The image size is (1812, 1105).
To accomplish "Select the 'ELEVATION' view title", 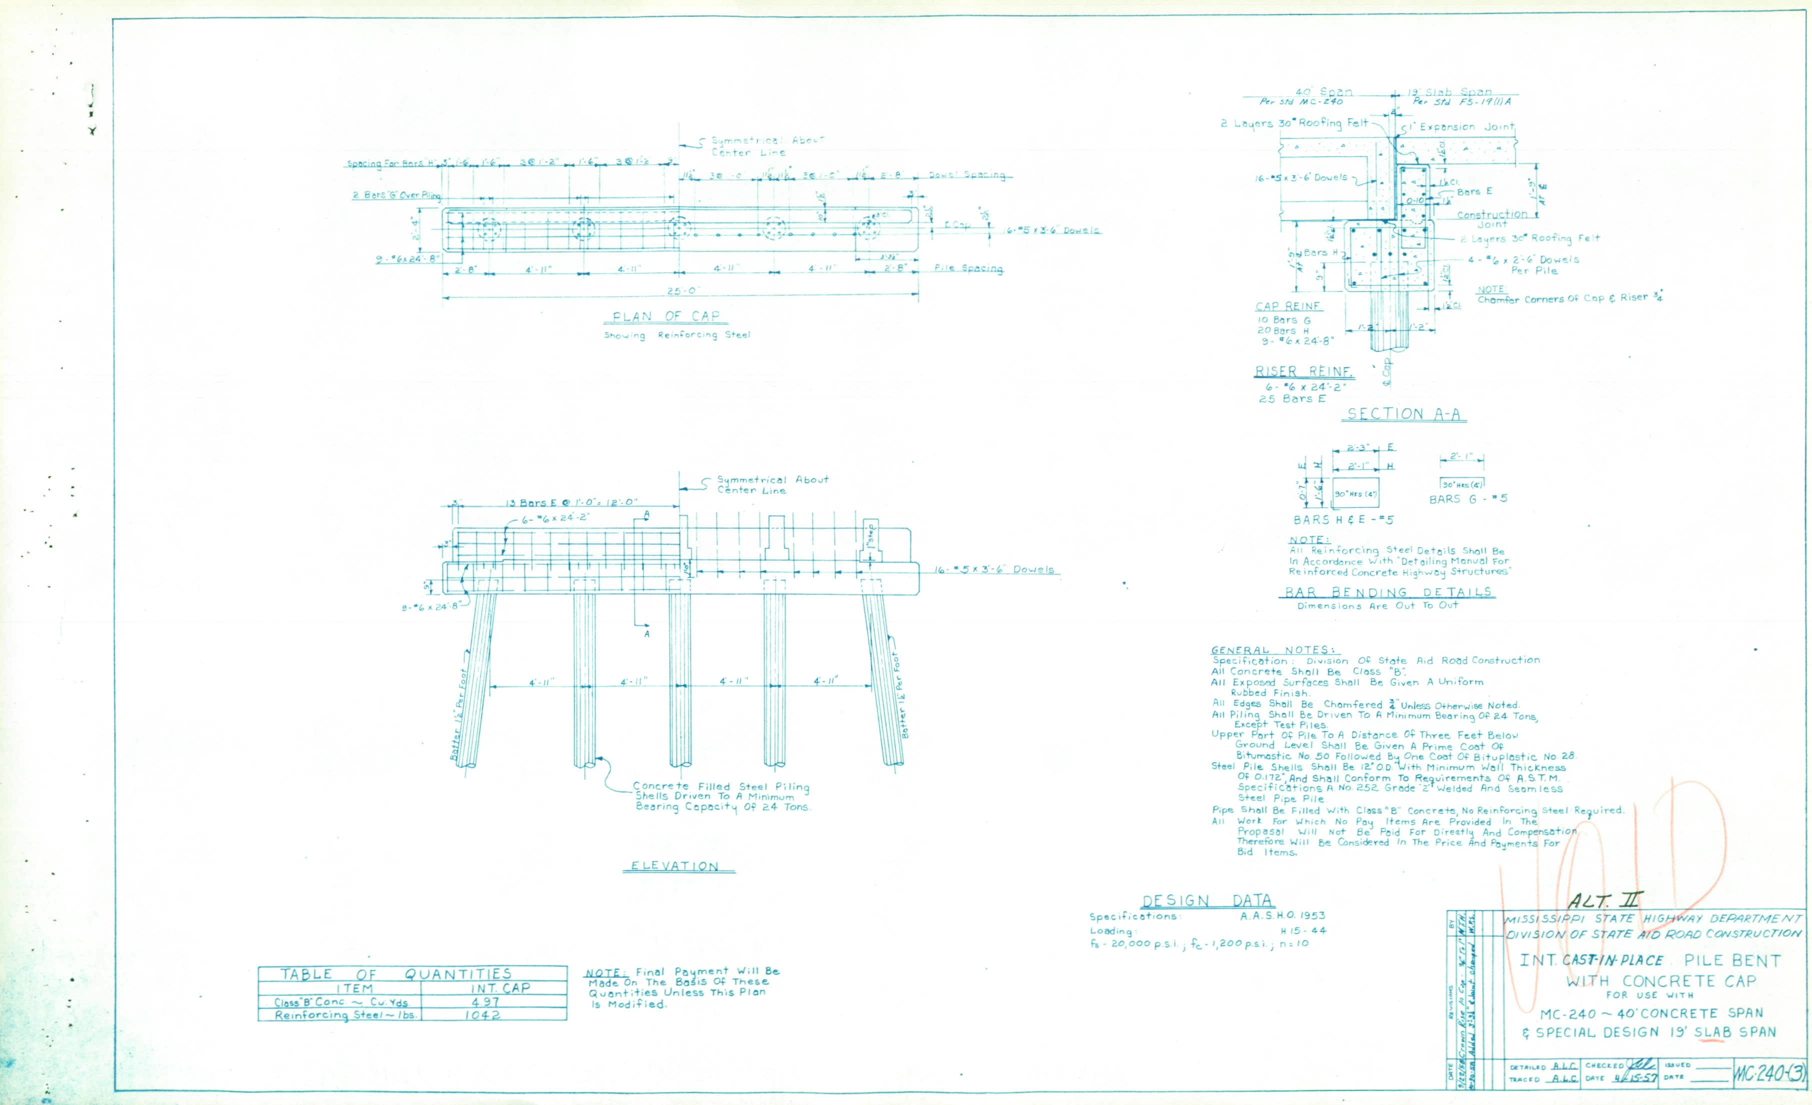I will [675, 866].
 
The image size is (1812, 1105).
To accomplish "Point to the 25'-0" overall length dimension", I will [681, 290].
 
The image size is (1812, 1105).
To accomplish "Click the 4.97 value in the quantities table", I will [485, 1001].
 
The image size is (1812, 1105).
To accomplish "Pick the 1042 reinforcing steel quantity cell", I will [482, 1014].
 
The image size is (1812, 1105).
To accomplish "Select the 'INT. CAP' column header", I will [500, 988].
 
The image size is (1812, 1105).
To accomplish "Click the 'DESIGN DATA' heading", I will [1207, 900].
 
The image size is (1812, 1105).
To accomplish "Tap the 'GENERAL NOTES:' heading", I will [1275, 650].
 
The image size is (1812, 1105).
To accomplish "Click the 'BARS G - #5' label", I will [1468, 498].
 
